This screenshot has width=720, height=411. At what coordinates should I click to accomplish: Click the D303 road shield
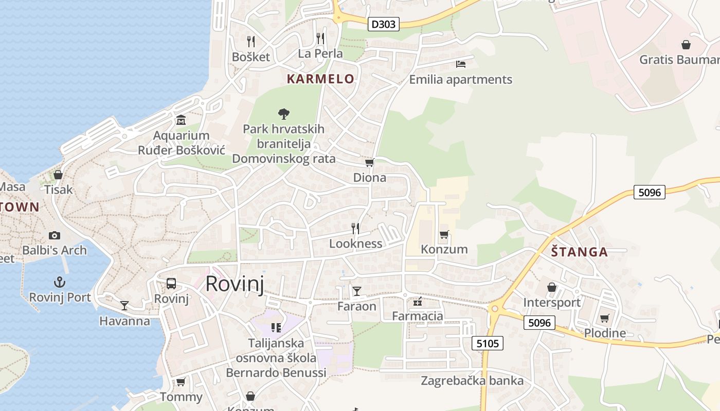point(384,24)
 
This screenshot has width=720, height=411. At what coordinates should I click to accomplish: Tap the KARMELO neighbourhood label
point(320,79)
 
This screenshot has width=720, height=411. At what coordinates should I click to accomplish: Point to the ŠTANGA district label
point(579,252)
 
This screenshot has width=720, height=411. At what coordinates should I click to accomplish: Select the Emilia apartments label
point(460,80)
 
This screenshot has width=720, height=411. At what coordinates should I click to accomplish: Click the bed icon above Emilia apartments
point(461,64)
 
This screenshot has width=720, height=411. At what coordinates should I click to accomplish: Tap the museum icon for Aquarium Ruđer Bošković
point(181,120)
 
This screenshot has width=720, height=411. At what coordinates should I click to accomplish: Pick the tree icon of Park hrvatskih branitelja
point(283,114)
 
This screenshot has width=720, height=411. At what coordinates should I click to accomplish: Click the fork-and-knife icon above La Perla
point(320,39)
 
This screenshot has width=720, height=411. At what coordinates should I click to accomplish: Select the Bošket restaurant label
point(251,57)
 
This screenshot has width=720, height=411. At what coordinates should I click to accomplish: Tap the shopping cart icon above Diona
point(369,163)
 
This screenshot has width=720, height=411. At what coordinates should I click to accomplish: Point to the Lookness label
point(356,244)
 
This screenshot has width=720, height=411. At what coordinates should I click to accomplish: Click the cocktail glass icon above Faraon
point(357,291)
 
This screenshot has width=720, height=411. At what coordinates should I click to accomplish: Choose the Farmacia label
point(418,316)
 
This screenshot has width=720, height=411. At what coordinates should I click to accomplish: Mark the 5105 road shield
point(488,343)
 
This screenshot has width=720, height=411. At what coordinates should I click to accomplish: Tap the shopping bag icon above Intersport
point(552,287)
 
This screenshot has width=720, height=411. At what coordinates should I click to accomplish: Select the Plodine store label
point(605,333)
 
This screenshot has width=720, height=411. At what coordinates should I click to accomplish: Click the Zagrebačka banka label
point(472,381)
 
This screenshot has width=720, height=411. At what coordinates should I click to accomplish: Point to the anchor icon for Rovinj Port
point(60,282)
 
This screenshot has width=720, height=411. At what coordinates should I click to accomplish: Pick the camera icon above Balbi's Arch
point(55,235)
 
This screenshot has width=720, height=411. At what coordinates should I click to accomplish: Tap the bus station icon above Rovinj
point(171,284)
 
